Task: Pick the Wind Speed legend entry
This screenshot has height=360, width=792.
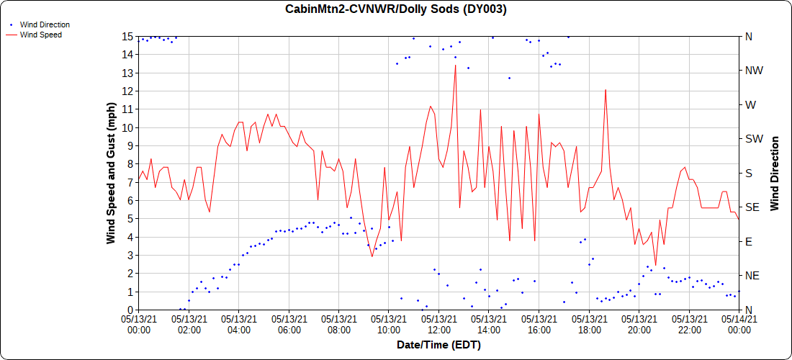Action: [40, 34]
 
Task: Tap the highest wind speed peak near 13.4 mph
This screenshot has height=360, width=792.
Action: [455, 66]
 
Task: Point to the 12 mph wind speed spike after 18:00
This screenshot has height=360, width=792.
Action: [606, 90]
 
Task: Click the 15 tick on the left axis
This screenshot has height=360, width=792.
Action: [127, 36]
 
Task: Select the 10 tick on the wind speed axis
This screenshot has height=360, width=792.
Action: [127, 127]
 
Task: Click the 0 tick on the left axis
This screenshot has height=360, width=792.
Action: [130, 310]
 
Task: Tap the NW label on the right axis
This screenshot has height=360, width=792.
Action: [754, 71]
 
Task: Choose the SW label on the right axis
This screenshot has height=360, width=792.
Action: [754, 139]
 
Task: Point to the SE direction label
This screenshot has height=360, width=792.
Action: [752, 207]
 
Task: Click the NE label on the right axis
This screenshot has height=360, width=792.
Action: [752, 276]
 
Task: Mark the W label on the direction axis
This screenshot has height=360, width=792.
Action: [750, 104]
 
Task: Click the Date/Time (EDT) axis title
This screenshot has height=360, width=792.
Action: [438, 345]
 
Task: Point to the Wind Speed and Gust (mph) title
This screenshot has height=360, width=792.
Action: [112, 173]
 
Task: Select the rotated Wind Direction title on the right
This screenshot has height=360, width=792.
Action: [775, 173]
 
